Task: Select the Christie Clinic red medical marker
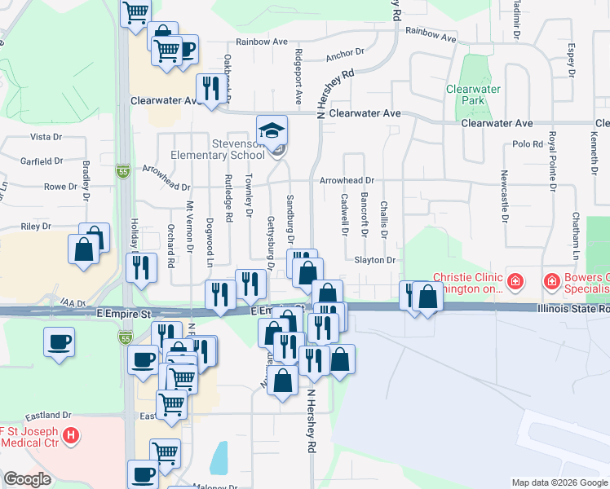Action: (515, 283)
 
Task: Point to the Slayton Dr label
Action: (374, 260)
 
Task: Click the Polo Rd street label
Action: (528, 144)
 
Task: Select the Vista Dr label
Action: (46, 137)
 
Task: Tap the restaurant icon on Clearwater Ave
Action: (210, 89)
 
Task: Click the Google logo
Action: (27, 478)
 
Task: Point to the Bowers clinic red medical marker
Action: (552, 283)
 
